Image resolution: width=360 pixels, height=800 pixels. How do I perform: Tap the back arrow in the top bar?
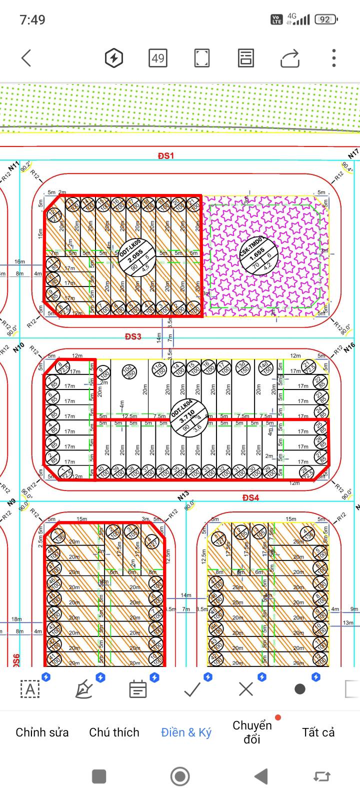click(x=26, y=58)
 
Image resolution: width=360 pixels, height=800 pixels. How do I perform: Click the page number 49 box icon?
click(x=158, y=58)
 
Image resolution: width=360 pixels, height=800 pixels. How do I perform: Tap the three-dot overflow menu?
click(x=333, y=58)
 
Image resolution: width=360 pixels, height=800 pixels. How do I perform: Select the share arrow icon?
click(x=289, y=58)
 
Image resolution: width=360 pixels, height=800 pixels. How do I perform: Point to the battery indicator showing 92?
click(x=325, y=19)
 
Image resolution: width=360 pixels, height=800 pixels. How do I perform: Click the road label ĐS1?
click(x=165, y=155)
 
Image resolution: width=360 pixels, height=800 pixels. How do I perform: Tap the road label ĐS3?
click(x=133, y=336)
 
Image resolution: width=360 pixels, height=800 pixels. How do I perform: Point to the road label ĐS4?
click(x=250, y=497)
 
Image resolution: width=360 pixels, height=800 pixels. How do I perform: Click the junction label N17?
click(x=353, y=154)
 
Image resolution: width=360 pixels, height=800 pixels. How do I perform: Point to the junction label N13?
click(x=183, y=495)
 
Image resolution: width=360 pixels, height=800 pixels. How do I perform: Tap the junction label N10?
click(x=19, y=346)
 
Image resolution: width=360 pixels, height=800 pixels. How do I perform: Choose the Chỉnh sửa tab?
click(x=42, y=732)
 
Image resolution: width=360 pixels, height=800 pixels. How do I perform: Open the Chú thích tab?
click(x=114, y=732)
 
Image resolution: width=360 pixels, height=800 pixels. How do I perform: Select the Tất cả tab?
click(x=318, y=732)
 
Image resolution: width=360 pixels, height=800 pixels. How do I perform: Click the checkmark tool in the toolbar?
click(x=192, y=689)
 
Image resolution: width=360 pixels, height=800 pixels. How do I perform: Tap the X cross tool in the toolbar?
click(x=246, y=689)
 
